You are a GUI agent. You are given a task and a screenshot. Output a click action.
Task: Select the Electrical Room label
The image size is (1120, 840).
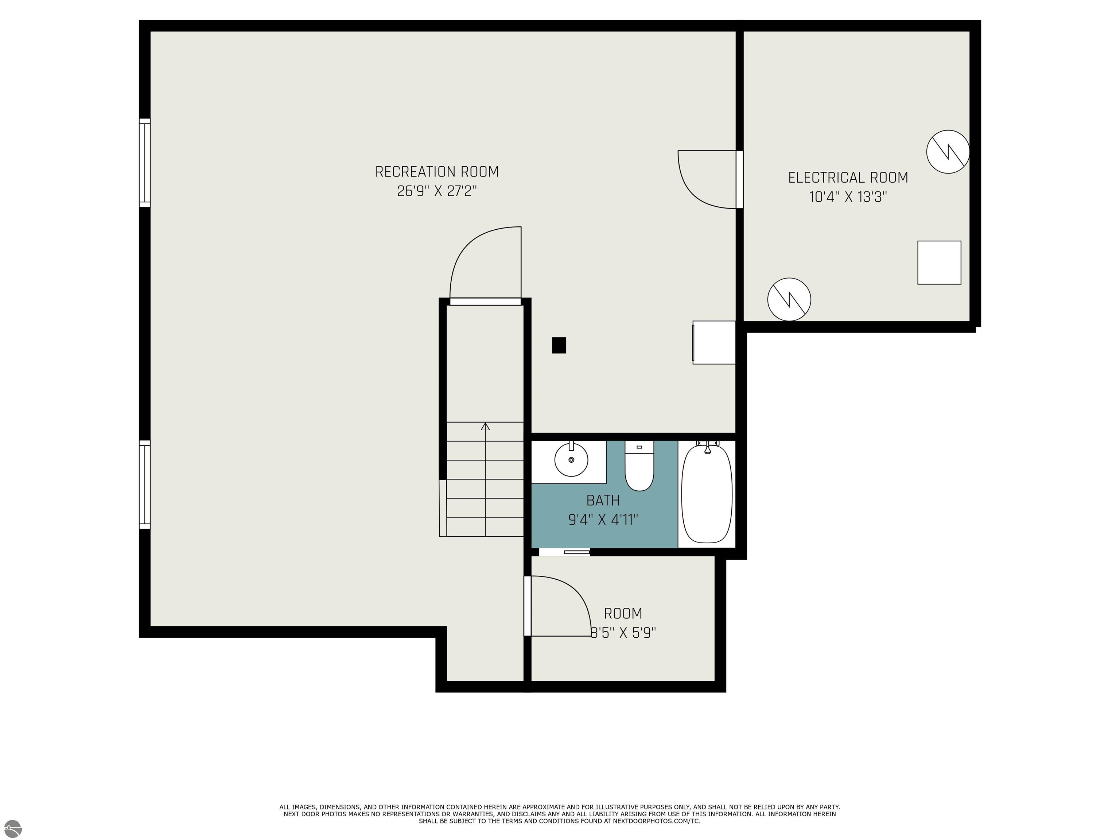point(848,178)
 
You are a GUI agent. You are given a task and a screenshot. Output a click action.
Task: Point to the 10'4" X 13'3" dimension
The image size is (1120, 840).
point(848,197)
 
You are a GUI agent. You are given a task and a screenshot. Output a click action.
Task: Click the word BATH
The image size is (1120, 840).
point(603,500)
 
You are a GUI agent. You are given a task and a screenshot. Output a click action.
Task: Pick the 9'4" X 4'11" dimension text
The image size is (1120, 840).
point(603,520)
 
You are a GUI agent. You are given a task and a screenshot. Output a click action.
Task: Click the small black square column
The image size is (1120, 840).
point(559,345)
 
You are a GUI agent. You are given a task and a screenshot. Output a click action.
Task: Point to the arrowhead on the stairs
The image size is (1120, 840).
point(485,426)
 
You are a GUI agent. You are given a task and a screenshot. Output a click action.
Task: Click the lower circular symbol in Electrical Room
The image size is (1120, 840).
point(789,299)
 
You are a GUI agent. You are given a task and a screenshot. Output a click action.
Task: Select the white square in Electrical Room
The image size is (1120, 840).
point(939,262)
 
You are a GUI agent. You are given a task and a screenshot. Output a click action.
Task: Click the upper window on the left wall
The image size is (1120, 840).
point(145,163)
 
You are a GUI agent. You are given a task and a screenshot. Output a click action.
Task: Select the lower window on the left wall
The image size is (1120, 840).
point(145,485)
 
